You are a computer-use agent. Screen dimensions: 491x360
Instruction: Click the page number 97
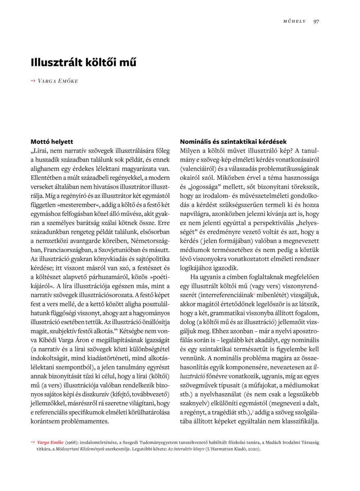tap(316, 21)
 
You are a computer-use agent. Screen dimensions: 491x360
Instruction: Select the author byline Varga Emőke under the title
tap(58, 81)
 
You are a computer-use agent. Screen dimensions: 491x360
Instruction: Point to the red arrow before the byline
tap(33, 81)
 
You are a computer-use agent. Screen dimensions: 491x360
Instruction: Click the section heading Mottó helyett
tap(52, 142)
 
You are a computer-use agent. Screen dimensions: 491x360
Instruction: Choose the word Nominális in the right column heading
tap(196, 142)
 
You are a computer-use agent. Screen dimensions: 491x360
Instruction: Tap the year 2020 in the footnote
tap(252, 448)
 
